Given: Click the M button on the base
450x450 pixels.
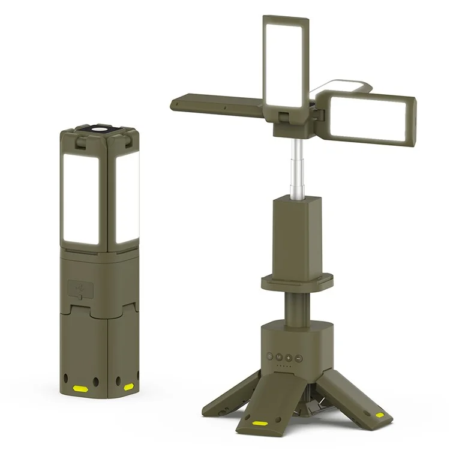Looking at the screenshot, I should tap(279, 358).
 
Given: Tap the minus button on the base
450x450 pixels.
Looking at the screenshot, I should tap(298, 358).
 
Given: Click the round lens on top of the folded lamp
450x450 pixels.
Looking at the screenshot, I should tap(98, 129).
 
